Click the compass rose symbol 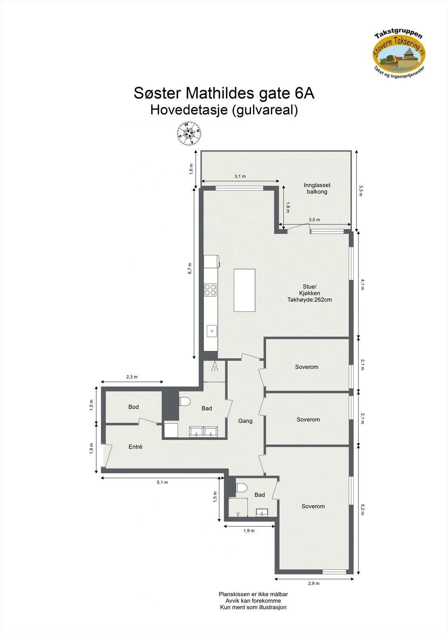(x=189, y=133)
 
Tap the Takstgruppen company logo (x=399, y=54)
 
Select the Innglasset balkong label (x=317, y=188)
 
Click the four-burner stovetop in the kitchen (x=210, y=290)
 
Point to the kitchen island (x=244, y=290)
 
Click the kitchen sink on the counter (x=212, y=331)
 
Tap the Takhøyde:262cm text (x=310, y=300)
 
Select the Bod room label (x=133, y=407)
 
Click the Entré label (x=135, y=447)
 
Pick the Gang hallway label (x=245, y=421)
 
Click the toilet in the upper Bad (x=185, y=402)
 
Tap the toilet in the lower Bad (x=241, y=488)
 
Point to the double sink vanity (x=204, y=432)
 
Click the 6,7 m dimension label (x=190, y=269)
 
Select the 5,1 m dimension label (x=162, y=482)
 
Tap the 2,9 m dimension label (x=314, y=583)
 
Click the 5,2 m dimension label (x=362, y=510)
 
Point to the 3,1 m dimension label (x=240, y=176)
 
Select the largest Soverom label (x=313, y=506)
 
